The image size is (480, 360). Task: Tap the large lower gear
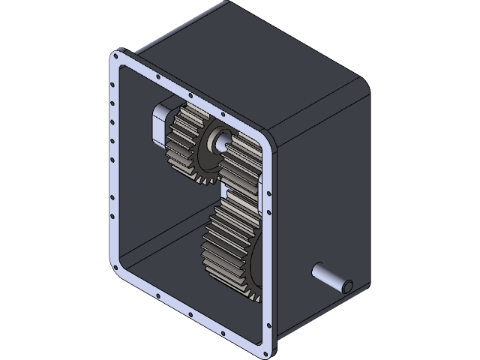229,244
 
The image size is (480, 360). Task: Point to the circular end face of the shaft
346,286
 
